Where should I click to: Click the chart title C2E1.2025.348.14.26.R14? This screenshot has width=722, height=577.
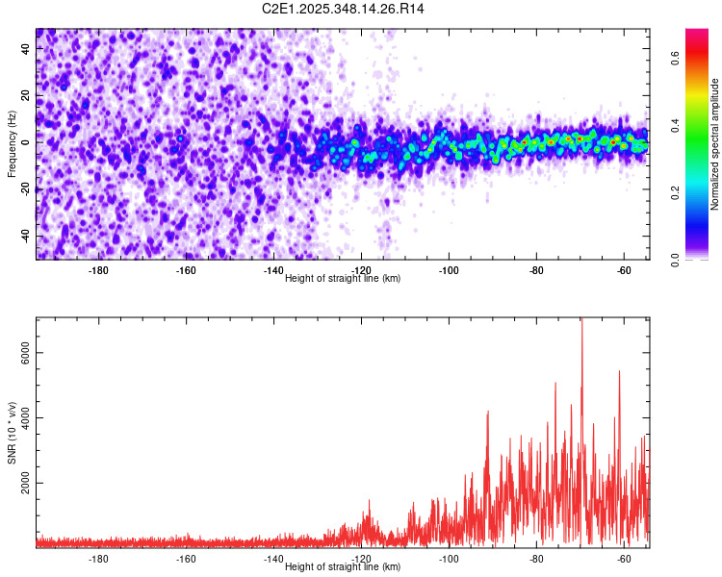(x=344, y=9)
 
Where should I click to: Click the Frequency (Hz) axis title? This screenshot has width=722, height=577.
(x=13, y=143)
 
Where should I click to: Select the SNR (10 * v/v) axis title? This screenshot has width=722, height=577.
(x=13, y=433)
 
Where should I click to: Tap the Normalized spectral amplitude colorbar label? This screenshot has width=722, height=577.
(x=714, y=144)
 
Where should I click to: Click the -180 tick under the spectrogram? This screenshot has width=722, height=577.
(x=98, y=270)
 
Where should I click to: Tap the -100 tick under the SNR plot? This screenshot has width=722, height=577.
(x=449, y=559)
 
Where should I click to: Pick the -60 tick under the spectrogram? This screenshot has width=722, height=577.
(x=624, y=270)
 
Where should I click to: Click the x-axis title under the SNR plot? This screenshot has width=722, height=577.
(x=343, y=567)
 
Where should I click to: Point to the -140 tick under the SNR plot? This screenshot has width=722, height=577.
(x=273, y=559)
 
